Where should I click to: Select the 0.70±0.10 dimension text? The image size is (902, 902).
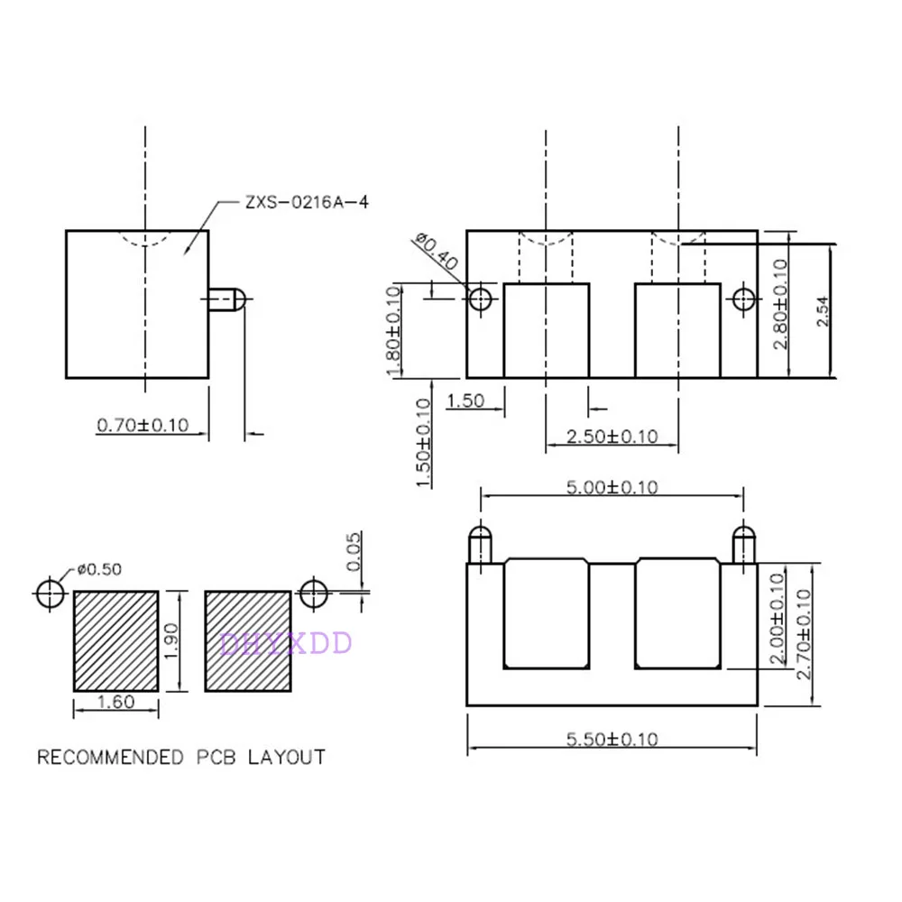(x=143, y=424)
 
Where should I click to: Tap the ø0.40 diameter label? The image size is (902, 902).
(x=437, y=254)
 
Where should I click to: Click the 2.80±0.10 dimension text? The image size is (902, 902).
(x=780, y=305)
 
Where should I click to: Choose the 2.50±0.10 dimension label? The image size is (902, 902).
(x=612, y=437)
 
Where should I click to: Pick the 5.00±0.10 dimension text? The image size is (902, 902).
(x=612, y=488)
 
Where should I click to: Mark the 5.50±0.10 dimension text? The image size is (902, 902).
(x=612, y=740)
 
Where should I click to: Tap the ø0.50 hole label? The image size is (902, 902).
(x=99, y=569)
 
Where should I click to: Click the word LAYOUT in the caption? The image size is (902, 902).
(x=288, y=757)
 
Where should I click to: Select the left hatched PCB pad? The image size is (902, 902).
(x=115, y=640)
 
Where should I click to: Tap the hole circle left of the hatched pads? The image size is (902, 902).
(x=51, y=594)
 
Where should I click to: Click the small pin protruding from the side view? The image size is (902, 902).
(x=227, y=300)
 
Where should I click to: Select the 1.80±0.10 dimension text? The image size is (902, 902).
(x=393, y=332)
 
